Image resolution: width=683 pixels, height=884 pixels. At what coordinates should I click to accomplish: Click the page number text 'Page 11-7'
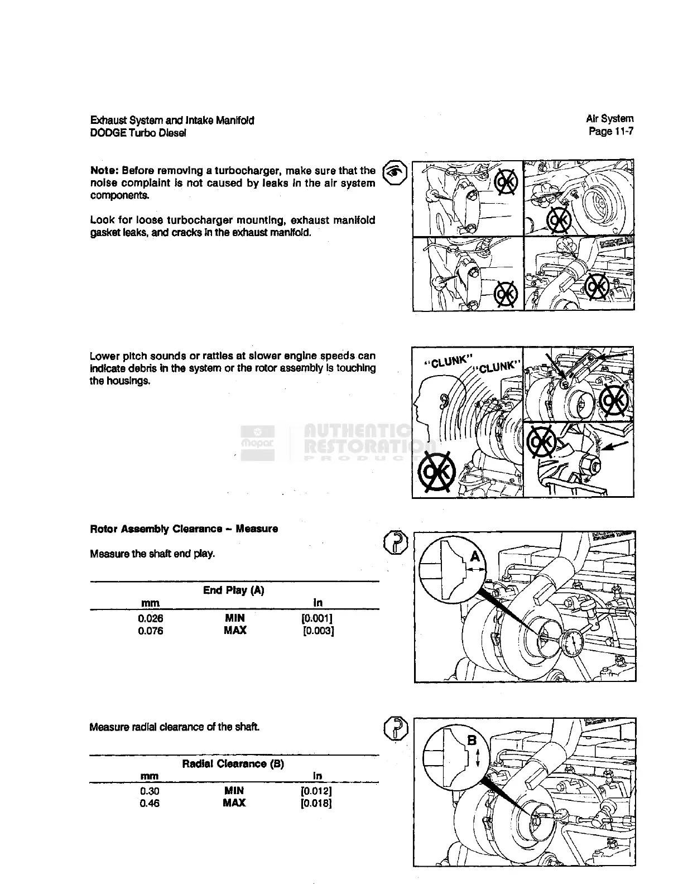[611, 132]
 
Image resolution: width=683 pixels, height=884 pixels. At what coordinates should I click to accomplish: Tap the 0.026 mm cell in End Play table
[151, 618]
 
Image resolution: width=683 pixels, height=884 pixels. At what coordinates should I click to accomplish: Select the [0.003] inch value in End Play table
[318, 631]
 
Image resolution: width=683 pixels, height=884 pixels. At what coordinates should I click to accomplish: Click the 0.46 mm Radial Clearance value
[150, 803]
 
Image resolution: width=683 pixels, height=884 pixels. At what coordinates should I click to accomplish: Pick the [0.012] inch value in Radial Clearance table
[316, 791]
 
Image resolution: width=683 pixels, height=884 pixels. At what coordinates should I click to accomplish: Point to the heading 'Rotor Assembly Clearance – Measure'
[184, 529]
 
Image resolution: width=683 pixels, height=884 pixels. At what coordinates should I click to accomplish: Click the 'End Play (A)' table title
[234, 590]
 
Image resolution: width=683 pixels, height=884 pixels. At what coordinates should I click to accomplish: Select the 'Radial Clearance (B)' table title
[233, 763]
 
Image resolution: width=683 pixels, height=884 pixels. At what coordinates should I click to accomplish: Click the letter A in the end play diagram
[475, 556]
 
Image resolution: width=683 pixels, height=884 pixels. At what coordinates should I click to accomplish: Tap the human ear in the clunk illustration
[444, 401]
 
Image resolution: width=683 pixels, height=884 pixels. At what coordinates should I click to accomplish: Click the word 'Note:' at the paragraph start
[104, 170]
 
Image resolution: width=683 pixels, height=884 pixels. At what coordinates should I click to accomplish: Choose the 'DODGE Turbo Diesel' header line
[138, 133]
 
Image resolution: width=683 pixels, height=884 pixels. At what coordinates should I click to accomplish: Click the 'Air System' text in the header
[609, 119]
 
